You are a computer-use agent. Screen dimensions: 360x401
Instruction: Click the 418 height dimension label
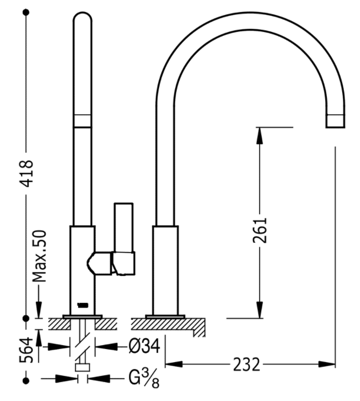[x=27, y=173]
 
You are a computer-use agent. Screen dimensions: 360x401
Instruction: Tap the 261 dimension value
[x=260, y=230]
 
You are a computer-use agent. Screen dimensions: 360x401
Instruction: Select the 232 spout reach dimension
[x=246, y=365]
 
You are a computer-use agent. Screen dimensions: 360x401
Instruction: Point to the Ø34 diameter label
[x=144, y=346]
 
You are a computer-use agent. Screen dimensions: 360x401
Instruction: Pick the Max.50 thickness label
[x=40, y=256]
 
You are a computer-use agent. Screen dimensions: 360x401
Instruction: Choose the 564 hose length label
[x=27, y=350]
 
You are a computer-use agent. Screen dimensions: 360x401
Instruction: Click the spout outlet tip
[x=335, y=121]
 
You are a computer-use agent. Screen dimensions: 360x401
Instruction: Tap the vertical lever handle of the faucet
[x=124, y=228]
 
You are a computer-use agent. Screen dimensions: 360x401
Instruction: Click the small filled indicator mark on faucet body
[x=82, y=305]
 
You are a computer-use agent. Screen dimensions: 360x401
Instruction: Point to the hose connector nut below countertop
[x=82, y=367]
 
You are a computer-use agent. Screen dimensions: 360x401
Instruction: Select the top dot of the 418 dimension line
[x=26, y=12]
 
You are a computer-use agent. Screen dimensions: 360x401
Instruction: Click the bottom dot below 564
[x=26, y=381]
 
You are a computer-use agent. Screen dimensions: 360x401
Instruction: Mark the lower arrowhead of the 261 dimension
[x=260, y=310]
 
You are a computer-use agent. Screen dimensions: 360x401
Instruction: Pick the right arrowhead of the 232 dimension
[x=327, y=364]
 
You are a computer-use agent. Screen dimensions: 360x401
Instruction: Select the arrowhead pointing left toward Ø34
[x=106, y=346]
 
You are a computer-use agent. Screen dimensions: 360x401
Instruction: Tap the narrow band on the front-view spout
[x=82, y=121]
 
